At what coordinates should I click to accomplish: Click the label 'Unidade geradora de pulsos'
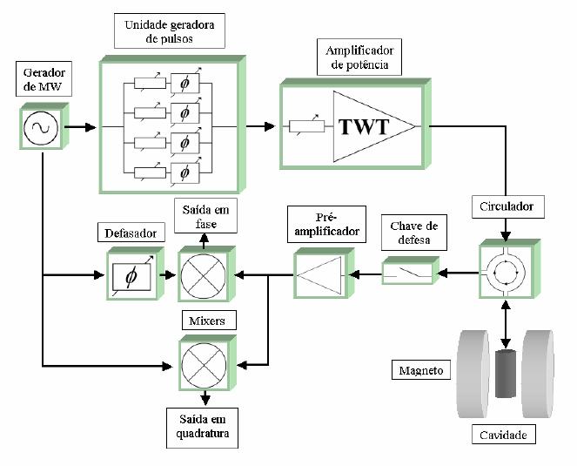tap(170, 32)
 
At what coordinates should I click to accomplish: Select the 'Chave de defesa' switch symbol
tap(408, 274)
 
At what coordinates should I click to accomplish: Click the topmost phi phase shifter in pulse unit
tap(184, 85)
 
